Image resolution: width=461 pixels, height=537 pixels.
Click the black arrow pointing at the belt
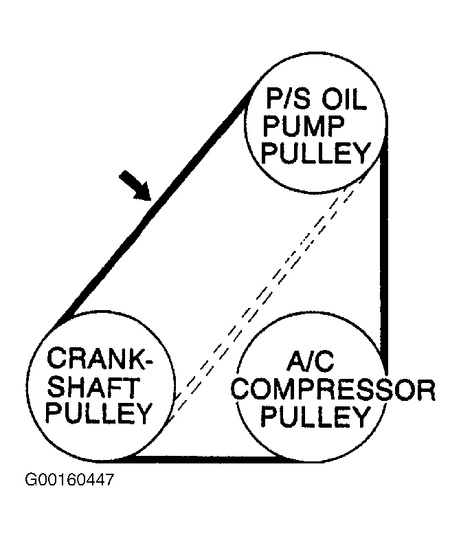135,186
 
